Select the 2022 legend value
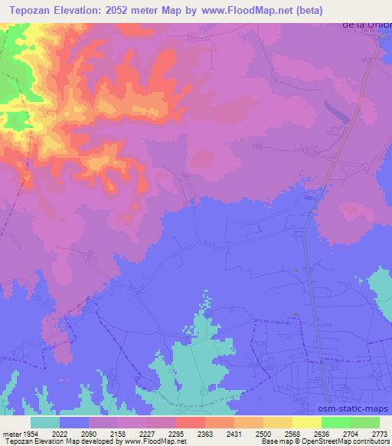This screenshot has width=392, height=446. click(59, 433)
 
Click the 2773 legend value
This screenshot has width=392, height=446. click(379, 433)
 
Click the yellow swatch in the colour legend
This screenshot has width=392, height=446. click(306, 422)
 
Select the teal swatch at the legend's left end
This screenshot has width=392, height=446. click(45, 422)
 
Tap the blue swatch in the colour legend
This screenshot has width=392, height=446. click(74, 422)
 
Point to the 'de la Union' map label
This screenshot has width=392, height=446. click(367, 25)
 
